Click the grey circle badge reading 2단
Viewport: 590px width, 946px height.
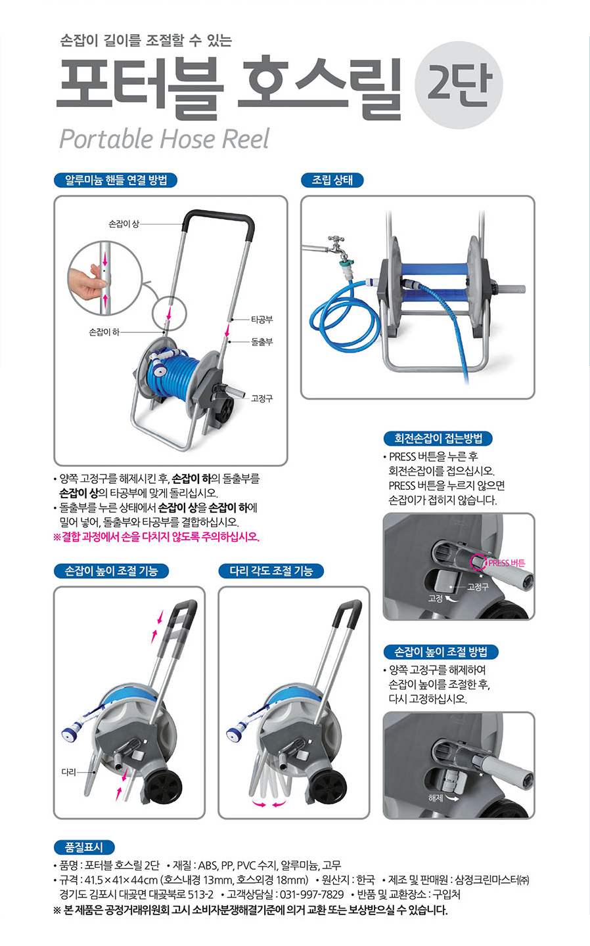pos(459,85)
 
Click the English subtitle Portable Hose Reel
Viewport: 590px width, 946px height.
pos(164,139)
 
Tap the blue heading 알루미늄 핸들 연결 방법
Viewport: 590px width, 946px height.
pos(116,181)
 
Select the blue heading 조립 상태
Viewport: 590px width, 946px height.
pos(332,181)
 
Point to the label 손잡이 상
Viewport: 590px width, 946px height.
pos(124,224)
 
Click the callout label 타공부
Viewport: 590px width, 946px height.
pos(262,320)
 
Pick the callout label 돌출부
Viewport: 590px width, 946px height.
pos(262,341)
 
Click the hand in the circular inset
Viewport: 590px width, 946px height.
pos(87,281)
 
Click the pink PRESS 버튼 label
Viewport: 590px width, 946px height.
pos(507,563)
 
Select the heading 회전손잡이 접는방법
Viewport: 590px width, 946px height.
pos(438,439)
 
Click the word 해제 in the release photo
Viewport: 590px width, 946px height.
pos(436,798)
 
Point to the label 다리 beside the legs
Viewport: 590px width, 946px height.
pos(69,772)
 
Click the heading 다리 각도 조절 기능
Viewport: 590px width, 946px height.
pos(271,571)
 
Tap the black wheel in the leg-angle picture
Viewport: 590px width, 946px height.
pos(328,787)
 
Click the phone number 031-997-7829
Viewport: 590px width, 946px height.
pos(312,895)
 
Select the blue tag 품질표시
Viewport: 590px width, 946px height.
pos(84,847)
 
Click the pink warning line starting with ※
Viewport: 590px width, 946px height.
pos(156,537)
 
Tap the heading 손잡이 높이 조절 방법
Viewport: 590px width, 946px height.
pos(441,652)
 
